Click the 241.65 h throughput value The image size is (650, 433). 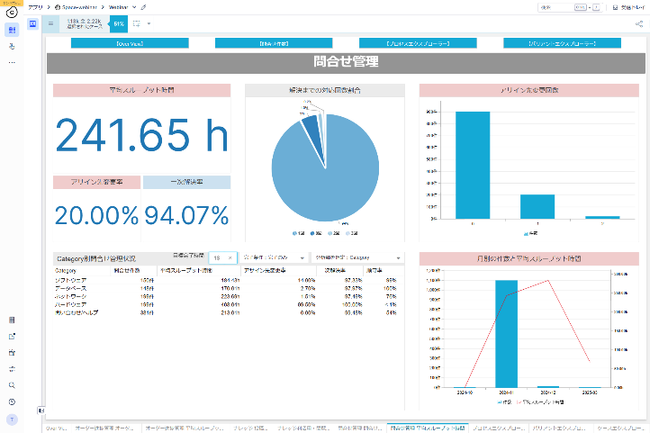(x=142, y=135)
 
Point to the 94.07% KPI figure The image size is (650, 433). (x=186, y=215)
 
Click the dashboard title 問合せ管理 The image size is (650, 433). (x=347, y=63)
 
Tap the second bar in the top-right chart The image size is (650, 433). (x=537, y=206)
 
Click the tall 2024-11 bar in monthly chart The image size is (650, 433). (x=506, y=333)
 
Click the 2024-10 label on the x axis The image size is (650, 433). (x=464, y=392)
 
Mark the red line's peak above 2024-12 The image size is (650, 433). (x=548, y=281)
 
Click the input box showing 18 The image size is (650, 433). (x=225, y=257)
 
